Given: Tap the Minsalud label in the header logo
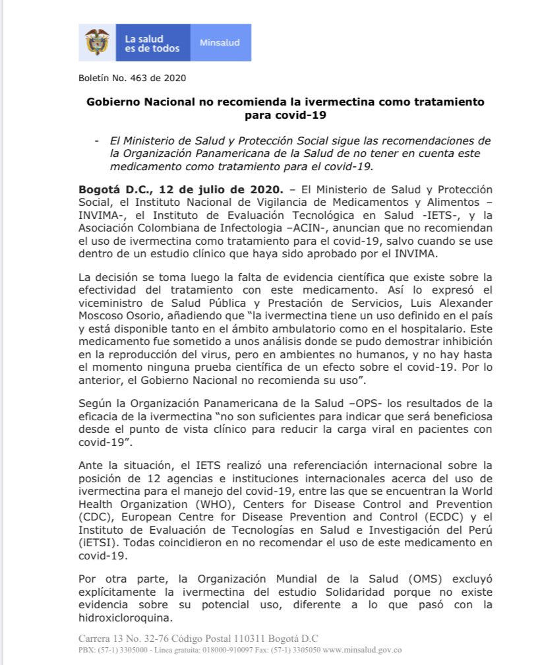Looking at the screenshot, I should point(220,43).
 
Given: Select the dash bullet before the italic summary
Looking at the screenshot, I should point(98,141).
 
